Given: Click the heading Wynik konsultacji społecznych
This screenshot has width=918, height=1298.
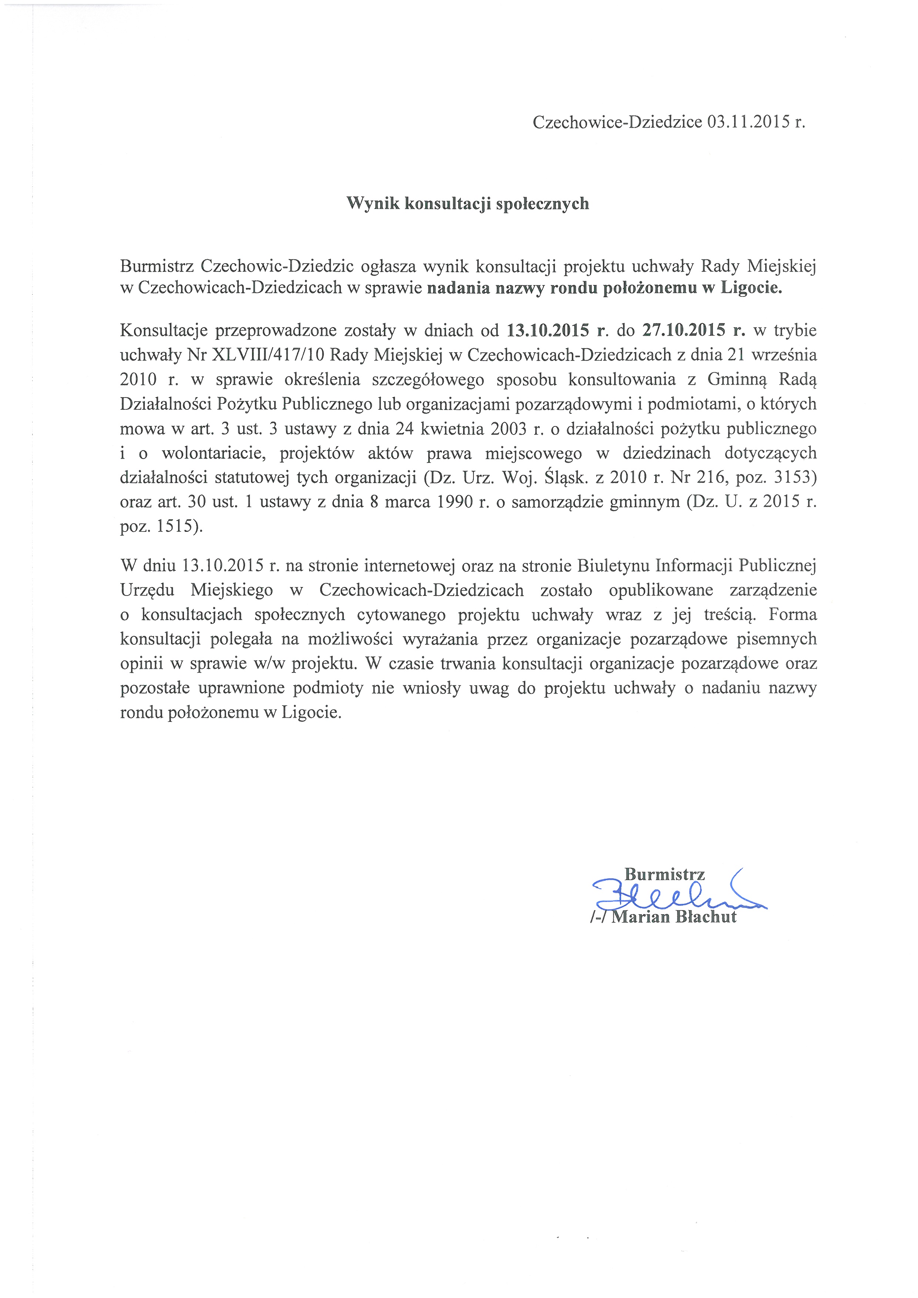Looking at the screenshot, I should pos(468,204).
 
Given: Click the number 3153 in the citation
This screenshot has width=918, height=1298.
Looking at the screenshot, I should pos(795,477).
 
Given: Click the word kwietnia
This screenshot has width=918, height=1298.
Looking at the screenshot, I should pos(454,428).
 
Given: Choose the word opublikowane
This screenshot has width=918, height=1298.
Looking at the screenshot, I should pos(661,590).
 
